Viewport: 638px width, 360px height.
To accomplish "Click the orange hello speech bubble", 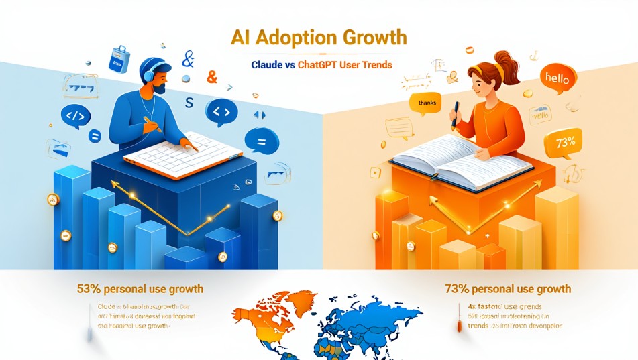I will click(557, 79).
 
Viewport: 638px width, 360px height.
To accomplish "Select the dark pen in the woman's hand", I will click(456, 114).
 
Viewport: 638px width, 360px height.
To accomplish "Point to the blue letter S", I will click(189, 102).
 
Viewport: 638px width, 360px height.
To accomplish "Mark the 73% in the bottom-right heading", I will click(456, 289).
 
